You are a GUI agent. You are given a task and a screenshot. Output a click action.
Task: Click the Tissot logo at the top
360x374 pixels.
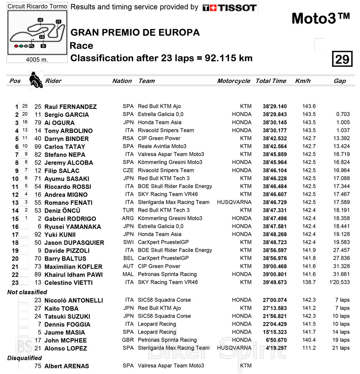[x=229, y=8]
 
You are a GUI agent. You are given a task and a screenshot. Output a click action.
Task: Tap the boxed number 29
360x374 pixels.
[x=342, y=59]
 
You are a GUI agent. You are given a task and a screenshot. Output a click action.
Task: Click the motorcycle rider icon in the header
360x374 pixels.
[x=36, y=80]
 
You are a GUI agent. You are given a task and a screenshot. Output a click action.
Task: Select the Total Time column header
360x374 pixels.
[x=271, y=81]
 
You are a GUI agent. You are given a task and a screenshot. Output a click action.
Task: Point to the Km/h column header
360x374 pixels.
[x=303, y=81]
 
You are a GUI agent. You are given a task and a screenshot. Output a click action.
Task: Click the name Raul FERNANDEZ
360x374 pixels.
[x=71, y=107]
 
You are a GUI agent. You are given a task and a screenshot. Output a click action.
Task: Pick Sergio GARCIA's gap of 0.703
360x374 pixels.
[x=343, y=114]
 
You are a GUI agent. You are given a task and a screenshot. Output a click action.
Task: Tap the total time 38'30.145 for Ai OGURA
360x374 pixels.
[x=275, y=123]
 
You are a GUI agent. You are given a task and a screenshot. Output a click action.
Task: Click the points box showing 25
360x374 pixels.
[x=24, y=106]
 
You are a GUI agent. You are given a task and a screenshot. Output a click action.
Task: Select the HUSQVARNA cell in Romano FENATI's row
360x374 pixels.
[x=234, y=202]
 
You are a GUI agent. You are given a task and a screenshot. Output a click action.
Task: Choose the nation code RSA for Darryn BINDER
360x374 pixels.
[x=128, y=138]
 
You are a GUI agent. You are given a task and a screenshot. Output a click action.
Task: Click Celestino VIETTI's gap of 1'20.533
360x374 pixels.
[x=339, y=282]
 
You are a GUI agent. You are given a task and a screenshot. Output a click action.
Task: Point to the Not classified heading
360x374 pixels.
[x=27, y=292]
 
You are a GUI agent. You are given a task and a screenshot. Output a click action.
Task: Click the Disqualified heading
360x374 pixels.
[x=24, y=358]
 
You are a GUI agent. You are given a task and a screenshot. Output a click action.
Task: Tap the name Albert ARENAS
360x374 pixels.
[x=67, y=366]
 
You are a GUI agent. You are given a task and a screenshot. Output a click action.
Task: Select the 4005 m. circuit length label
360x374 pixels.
[x=37, y=59]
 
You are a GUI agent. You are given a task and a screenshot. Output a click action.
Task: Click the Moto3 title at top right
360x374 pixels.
[x=320, y=18]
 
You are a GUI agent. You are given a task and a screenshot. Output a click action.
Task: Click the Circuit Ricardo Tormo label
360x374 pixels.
[x=37, y=6]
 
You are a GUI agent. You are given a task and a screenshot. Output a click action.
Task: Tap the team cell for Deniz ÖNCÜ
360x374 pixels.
[x=164, y=210]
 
